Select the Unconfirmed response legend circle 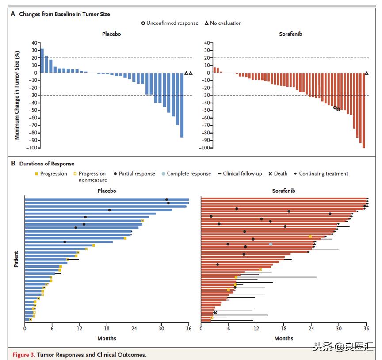(x=143, y=23)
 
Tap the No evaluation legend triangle (x=206, y=23)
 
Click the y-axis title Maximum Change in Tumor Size (x=17, y=96)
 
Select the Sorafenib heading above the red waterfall (x=291, y=34)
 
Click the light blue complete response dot (x=271, y=244)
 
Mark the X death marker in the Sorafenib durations (x=215, y=313)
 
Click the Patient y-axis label (x=16, y=259)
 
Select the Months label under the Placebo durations (x=107, y=338)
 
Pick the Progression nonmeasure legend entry (x=92, y=177)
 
